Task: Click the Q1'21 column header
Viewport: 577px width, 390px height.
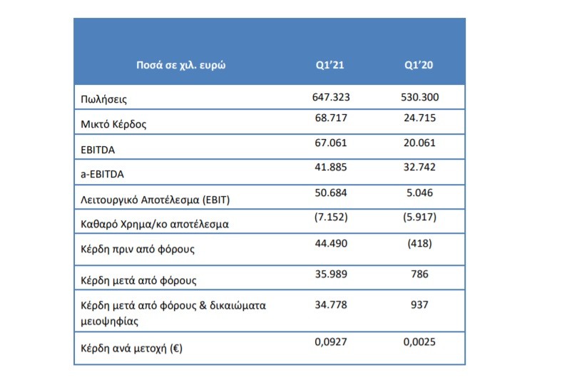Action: pos(330,65)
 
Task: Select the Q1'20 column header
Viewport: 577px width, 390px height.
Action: pos(419,65)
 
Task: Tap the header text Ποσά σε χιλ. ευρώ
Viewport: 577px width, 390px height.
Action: pos(180,66)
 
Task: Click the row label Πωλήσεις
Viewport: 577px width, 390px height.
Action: pos(103,99)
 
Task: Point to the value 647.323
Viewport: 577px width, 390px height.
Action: pos(331,97)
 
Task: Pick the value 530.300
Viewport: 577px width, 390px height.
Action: pos(419,97)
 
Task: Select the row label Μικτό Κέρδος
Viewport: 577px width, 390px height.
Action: pos(113,124)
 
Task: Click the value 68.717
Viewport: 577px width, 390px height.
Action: pos(331,118)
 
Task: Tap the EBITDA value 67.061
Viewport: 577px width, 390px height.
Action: pos(331,143)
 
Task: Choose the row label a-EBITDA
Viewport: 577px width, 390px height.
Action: pos(102,174)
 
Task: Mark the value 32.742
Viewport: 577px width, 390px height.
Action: pos(419,167)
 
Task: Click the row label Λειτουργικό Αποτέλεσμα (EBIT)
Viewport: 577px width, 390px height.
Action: pos(155,200)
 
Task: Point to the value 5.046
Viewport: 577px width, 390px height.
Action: pos(419,193)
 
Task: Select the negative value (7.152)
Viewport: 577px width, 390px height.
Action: pos(331,217)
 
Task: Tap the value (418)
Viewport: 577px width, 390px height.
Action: pos(419,244)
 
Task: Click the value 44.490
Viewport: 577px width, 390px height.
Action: pos(331,244)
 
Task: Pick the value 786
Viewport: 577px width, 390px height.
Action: pos(419,274)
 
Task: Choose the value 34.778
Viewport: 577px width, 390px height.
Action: pos(331,305)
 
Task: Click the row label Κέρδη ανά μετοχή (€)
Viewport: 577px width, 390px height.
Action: pos(131,348)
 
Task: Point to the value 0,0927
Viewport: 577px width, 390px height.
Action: pos(331,342)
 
